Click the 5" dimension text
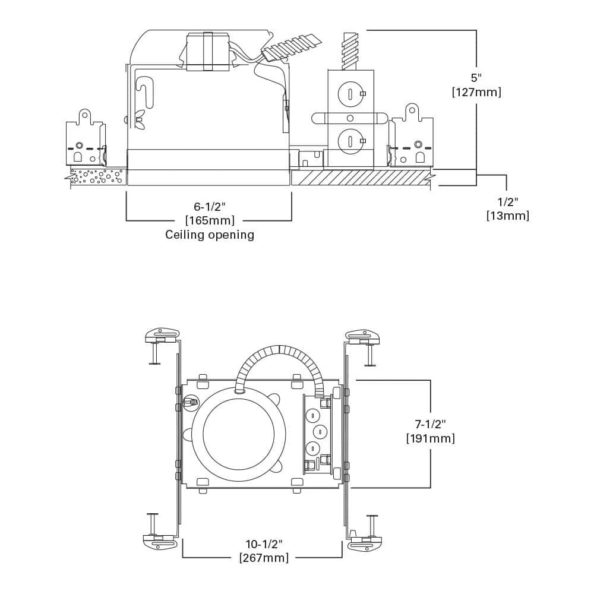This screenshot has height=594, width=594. tap(476, 78)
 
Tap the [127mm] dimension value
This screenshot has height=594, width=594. tap(476, 92)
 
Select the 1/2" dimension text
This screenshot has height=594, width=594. tap(507, 201)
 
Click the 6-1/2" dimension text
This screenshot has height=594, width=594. tap(210, 206)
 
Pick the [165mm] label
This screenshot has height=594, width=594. tap(210, 220)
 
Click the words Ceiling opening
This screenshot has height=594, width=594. tap(210, 235)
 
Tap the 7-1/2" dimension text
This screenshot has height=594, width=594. tap(431, 424)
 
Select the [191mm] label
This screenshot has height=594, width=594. tap(431, 438)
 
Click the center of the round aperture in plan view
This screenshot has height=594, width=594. tap(236, 432)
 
